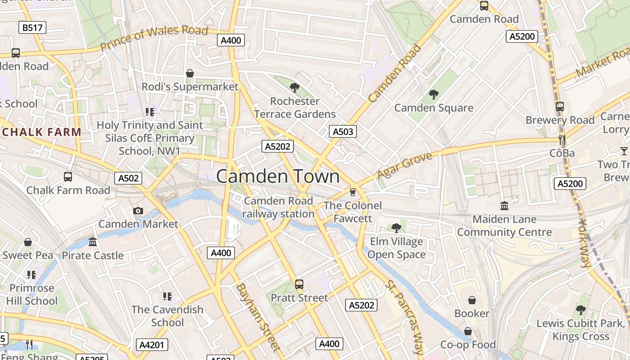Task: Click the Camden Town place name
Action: click(x=278, y=176)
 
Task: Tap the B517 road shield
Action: click(x=32, y=28)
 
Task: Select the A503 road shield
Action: click(x=342, y=131)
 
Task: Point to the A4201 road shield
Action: click(x=152, y=345)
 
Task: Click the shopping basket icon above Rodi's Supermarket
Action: click(x=190, y=73)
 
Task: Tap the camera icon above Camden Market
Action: click(x=138, y=211)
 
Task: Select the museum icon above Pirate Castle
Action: click(x=93, y=242)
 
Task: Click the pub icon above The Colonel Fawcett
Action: click(x=353, y=192)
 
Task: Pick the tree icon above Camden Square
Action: click(x=433, y=94)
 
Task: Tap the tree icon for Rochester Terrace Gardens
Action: click(x=295, y=88)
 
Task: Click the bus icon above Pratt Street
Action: click(x=299, y=284)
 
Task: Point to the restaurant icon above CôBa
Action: click(x=562, y=139)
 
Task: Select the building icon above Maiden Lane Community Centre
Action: click(x=504, y=206)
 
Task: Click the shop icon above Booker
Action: click(x=472, y=300)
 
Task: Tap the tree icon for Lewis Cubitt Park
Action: click(x=580, y=310)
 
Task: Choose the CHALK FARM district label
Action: click(x=41, y=132)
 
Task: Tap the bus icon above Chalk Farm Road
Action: click(x=68, y=177)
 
